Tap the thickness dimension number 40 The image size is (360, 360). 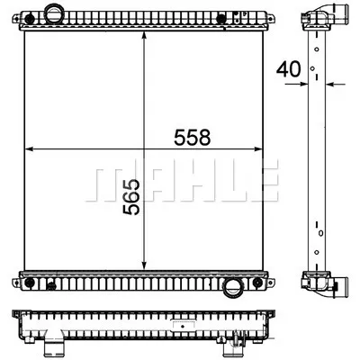[x=288, y=67]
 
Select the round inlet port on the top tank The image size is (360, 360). [x=56, y=14]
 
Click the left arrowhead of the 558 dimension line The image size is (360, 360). [x=29, y=148]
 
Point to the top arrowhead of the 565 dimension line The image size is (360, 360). [x=145, y=32]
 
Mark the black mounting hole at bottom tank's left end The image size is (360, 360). [x=31, y=283]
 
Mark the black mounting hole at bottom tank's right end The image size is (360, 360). [x=261, y=283]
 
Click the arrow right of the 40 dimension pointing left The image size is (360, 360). [x=331, y=85]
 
